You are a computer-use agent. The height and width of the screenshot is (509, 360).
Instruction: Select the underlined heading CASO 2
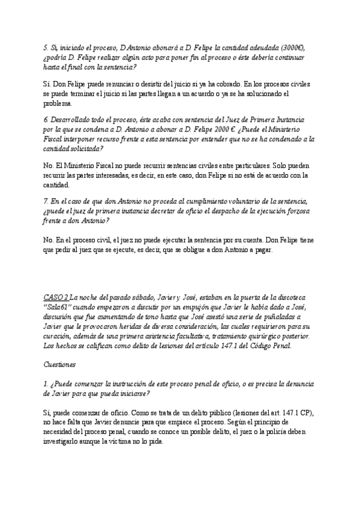pos(56,297)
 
